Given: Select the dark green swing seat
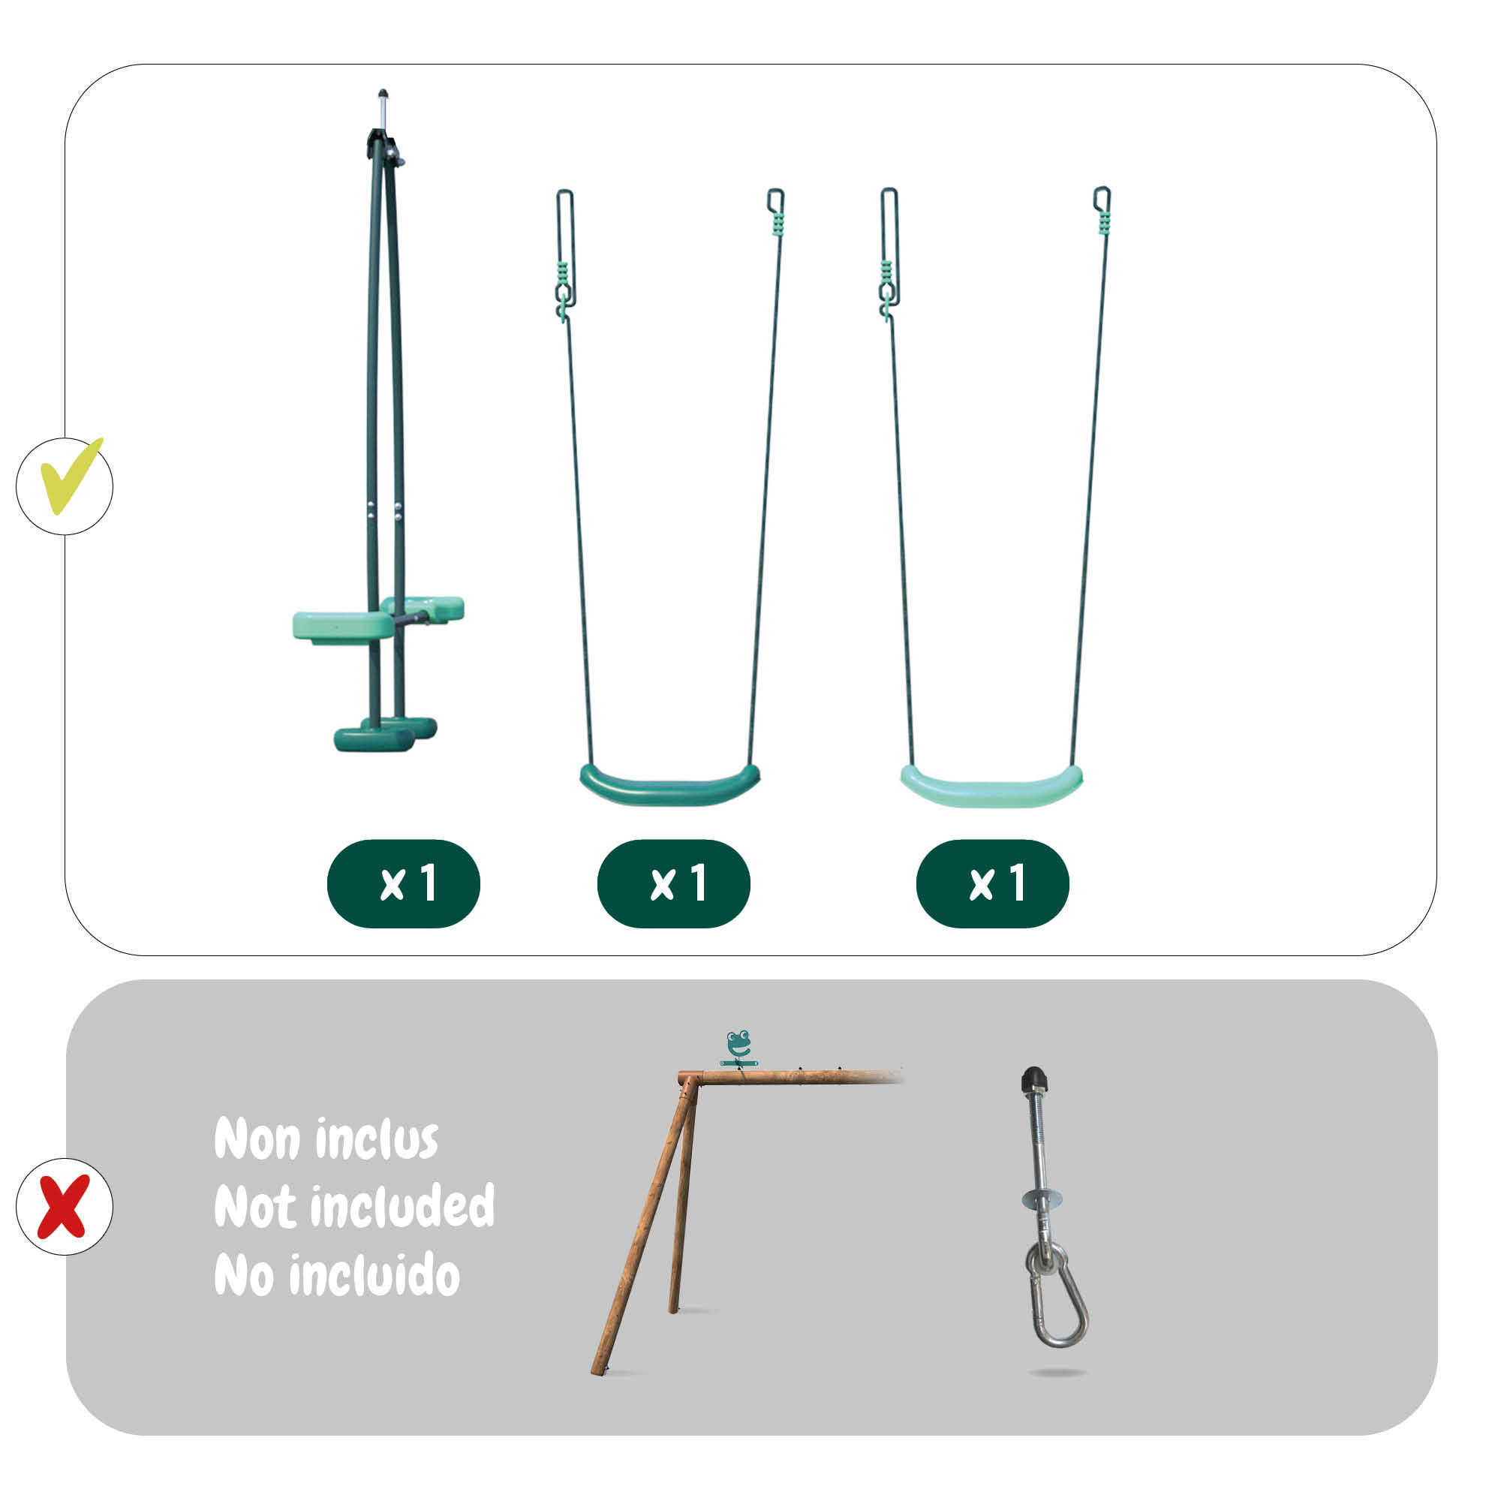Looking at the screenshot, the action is [x=669, y=786].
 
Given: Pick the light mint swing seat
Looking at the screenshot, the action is [x=991, y=787].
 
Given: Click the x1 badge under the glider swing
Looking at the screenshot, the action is [x=403, y=883].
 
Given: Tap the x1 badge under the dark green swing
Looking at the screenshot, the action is [x=674, y=883].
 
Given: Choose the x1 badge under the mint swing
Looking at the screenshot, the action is [x=993, y=883].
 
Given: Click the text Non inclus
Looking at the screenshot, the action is [x=326, y=1139].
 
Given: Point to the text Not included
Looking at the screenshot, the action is [x=354, y=1206].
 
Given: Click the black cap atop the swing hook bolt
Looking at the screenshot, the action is [x=1033, y=1079].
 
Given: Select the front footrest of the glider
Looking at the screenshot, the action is [x=374, y=738].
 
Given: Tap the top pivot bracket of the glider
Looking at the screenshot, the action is [x=384, y=147].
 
